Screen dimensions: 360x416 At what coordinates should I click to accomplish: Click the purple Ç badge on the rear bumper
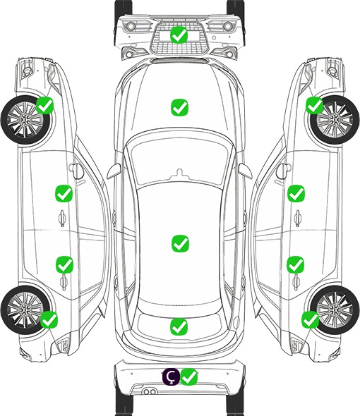point(171,377)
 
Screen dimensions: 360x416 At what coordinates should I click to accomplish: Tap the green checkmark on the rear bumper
point(189,377)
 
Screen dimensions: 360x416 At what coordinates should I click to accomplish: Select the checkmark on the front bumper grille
point(179,35)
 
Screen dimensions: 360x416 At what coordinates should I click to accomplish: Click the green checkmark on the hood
point(179,107)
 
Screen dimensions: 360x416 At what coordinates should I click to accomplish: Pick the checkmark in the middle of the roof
point(180,243)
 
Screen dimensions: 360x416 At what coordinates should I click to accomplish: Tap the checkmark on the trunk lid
point(179,326)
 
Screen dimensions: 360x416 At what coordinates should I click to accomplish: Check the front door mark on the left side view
point(64,193)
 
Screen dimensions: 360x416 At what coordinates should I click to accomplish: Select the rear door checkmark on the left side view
point(64,264)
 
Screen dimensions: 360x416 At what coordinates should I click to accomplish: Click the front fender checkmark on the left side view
point(45,105)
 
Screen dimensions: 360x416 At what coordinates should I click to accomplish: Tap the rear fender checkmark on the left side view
point(49,319)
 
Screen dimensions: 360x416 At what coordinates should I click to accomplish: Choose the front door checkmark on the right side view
point(296,193)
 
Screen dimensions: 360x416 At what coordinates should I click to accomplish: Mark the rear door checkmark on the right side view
point(296,264)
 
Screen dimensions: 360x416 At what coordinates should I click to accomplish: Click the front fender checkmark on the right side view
point(315,105)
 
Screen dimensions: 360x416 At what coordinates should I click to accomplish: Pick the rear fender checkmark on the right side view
point(310,319)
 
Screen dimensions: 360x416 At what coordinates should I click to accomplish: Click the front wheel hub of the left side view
point(25,120)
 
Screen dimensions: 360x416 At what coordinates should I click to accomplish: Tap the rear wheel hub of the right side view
point(335,310)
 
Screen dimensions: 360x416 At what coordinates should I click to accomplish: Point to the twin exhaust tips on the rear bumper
point(150,392)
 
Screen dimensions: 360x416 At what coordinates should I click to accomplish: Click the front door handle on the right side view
point(298,218)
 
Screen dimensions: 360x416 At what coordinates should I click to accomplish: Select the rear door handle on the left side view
point(63,282)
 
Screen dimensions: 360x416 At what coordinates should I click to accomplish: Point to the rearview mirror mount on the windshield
point(180,173)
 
